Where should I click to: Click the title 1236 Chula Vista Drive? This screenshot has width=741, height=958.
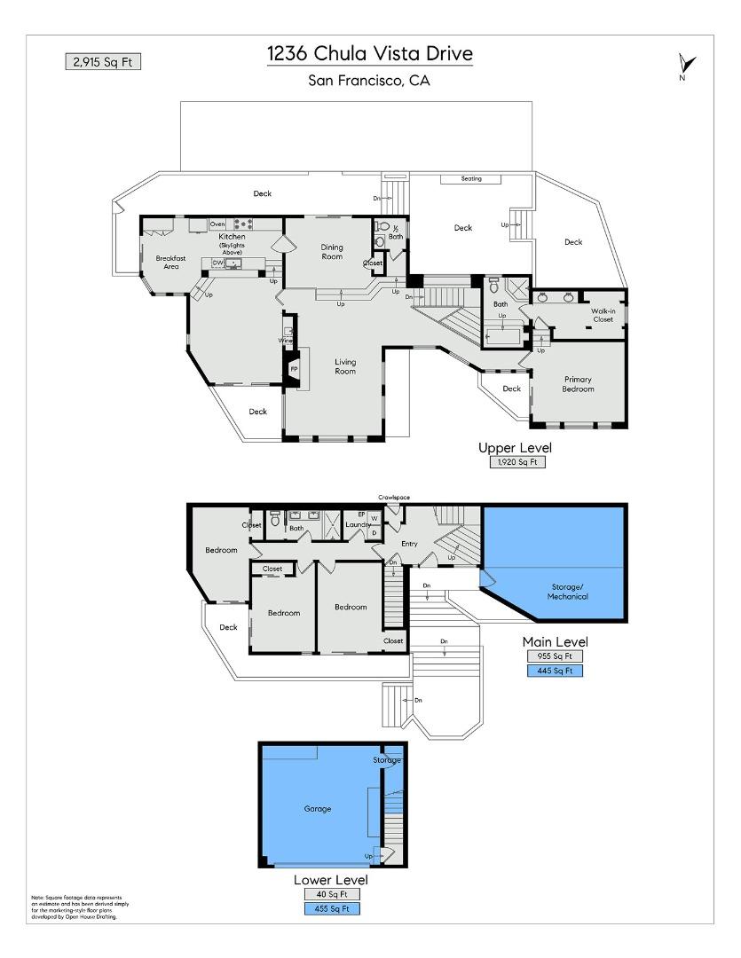click(x=370, y=54)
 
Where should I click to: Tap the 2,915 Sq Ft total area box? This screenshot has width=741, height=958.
click(x=102, y=61)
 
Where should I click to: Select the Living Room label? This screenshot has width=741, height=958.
click(x=345, y=366)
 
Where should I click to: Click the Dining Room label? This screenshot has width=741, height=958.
click(x=332, y=253)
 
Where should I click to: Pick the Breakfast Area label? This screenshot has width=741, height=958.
click(x=169, y=262)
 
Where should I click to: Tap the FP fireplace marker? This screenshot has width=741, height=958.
click(x=294, y=368)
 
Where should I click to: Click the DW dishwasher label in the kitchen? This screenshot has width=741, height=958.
click(x=217, y=263)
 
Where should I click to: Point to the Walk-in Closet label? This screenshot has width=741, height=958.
click(x=603, y=315)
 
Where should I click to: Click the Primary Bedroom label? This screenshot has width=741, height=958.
click(x=577, y=384)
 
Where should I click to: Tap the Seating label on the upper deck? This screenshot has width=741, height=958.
click(x=470, y=179)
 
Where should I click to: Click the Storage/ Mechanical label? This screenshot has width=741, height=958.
click(x=567, y=592)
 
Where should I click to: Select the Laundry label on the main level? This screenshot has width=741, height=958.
click(x=358, y=525)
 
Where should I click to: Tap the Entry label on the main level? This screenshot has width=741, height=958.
click(x=409, y=544)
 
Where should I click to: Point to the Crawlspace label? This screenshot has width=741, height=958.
click(x=394, y=498)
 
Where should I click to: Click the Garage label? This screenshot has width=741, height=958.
click(x=317, y=809)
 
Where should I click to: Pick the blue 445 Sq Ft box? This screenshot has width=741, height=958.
click(x=556, y=671)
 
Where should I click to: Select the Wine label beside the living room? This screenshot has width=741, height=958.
click(x=285, y=341)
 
